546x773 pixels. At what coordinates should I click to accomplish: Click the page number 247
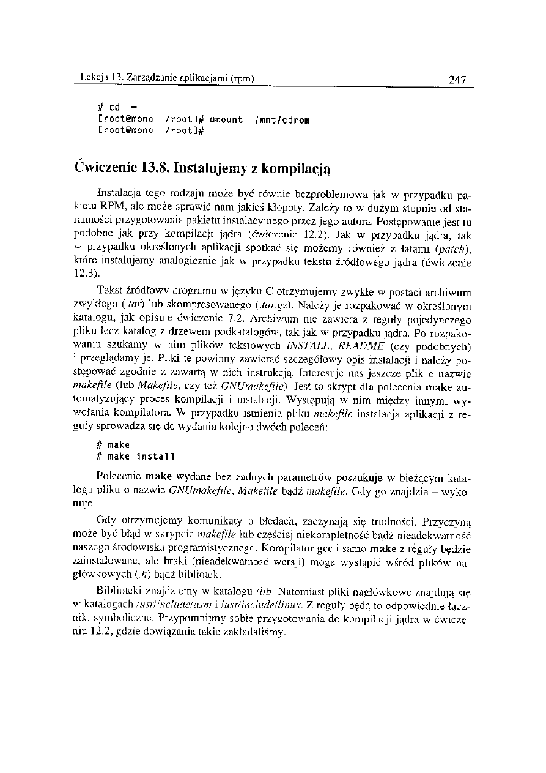(x=457, y=80)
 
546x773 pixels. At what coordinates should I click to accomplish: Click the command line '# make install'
(x=136, y=457)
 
